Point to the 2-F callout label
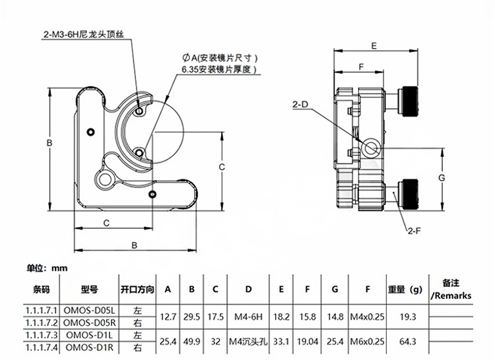(x=414, y=230)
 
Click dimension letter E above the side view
(x=374, y=45)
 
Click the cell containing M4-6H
(x=248, y=316)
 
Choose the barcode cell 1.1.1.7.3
(x=41, y=335)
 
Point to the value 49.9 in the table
(x=191, y=341)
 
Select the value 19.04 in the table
(x=308, y=341)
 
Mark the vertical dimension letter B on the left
(x=49, y=142)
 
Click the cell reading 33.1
(x=281, y=341)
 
